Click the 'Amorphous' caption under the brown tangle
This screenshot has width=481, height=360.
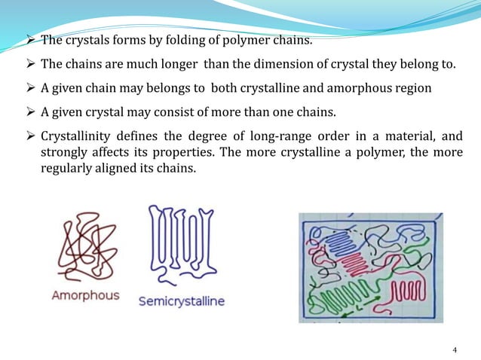[85, 294]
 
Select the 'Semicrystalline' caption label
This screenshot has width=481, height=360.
[181, 301]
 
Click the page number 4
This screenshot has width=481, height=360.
[454, 350]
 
